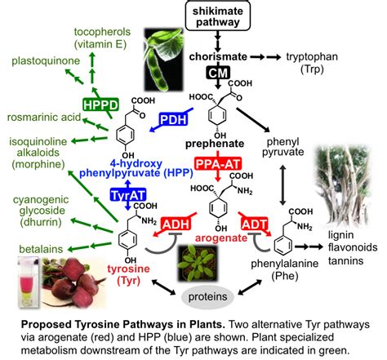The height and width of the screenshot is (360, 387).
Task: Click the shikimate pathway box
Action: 218,15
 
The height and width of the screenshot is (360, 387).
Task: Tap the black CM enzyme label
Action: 218,73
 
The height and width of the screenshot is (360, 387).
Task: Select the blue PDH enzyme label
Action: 173,119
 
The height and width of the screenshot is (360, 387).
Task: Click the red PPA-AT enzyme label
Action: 218,164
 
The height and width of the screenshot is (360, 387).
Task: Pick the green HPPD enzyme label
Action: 101,105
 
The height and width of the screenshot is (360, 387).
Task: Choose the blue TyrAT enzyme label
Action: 128,195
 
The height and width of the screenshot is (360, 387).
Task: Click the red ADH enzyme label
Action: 176,224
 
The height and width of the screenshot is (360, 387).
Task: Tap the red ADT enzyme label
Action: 255,224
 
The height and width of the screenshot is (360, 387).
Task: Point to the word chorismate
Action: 218,57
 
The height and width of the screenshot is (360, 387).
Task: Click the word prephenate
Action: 215,144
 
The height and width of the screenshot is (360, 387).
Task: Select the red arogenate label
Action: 221,238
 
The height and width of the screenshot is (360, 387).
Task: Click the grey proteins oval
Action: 207,297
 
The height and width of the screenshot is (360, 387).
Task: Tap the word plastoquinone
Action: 46,61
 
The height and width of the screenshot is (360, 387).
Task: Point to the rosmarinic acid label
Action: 44,118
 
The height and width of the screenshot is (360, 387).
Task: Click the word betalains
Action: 41,249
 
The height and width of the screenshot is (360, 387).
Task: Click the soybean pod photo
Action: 164,59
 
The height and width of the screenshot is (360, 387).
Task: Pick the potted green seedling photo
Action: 198,264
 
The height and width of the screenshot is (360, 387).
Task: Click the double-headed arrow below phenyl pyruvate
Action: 283,185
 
